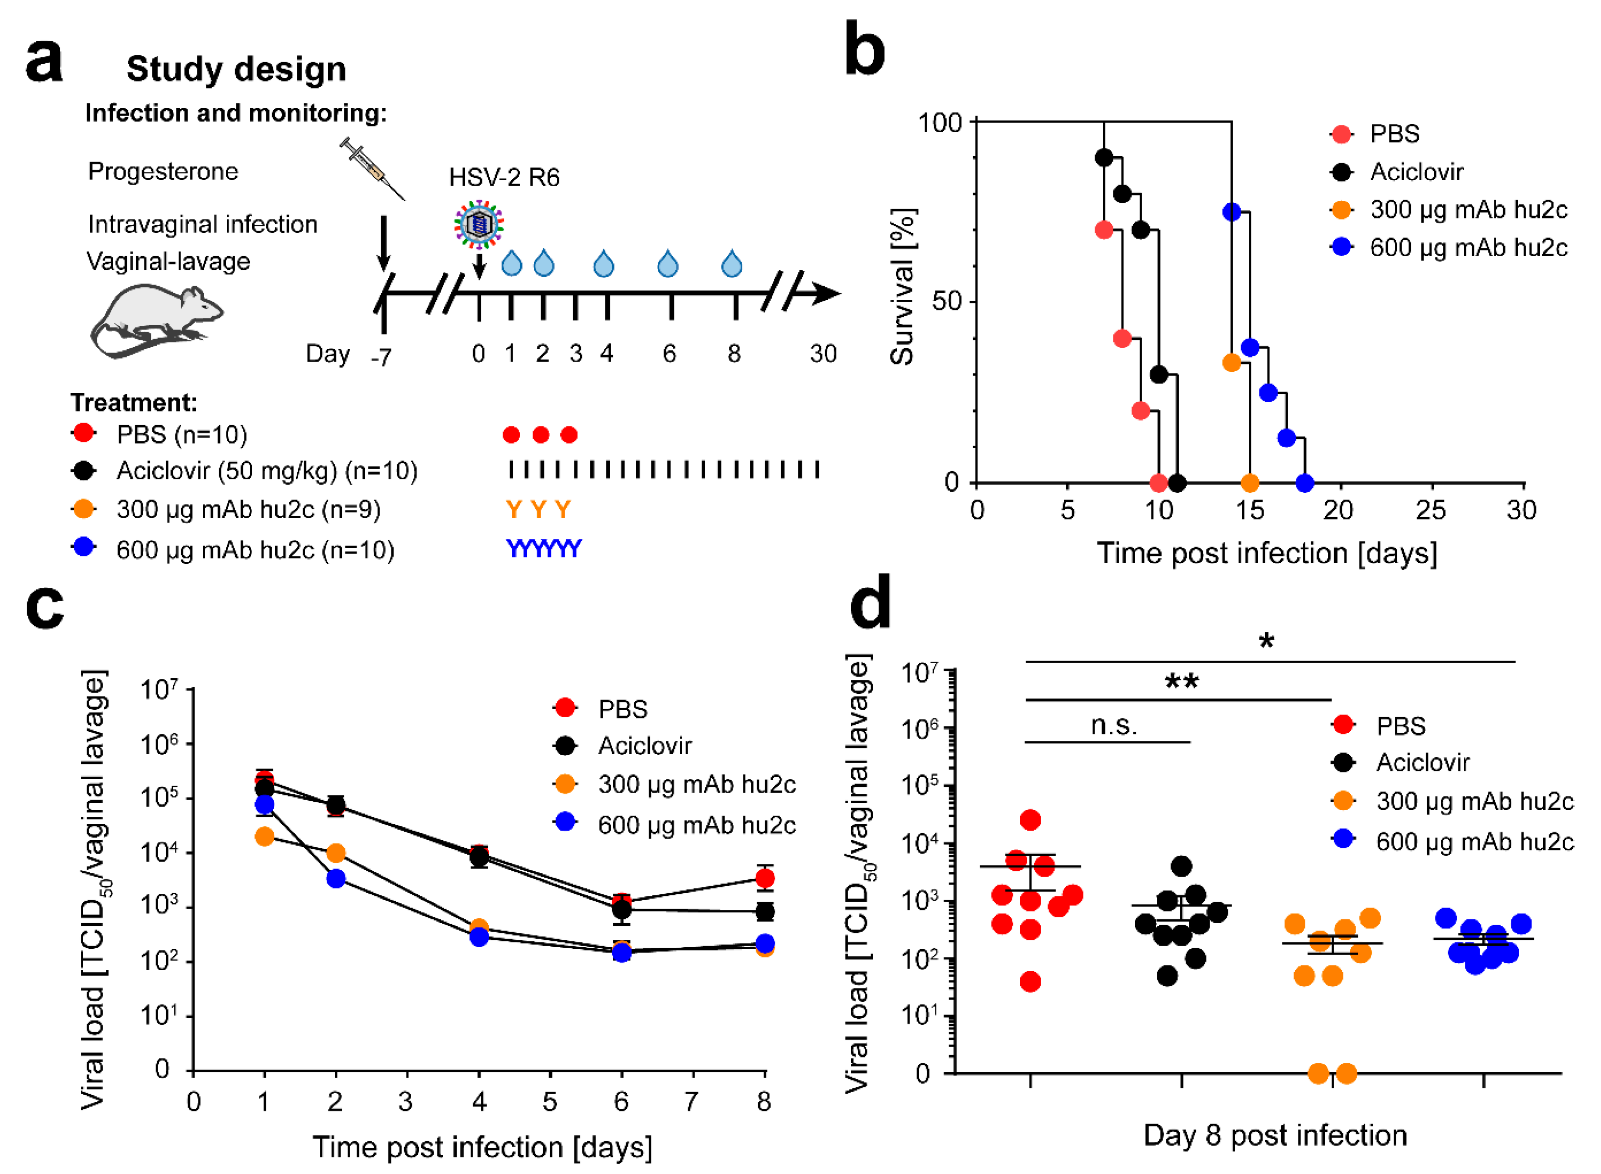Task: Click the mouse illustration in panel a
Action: [x=156, y=320]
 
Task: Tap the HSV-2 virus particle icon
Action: [x=479, y=223]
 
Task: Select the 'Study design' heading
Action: [x=236, y=70]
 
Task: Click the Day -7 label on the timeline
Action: [x=381, y=357]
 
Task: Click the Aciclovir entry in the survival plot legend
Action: [x=1415, y=172]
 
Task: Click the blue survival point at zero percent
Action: [x=1304, y=483]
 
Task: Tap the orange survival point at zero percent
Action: [x=1249, y=483]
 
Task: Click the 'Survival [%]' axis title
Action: [x=903, y=287]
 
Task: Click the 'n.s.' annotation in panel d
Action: [x=1114, y=725]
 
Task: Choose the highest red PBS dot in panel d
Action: [x=1030, y=820]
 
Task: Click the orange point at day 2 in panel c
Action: [x=335, y=853]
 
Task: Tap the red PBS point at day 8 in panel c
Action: [x=765, y=878]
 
